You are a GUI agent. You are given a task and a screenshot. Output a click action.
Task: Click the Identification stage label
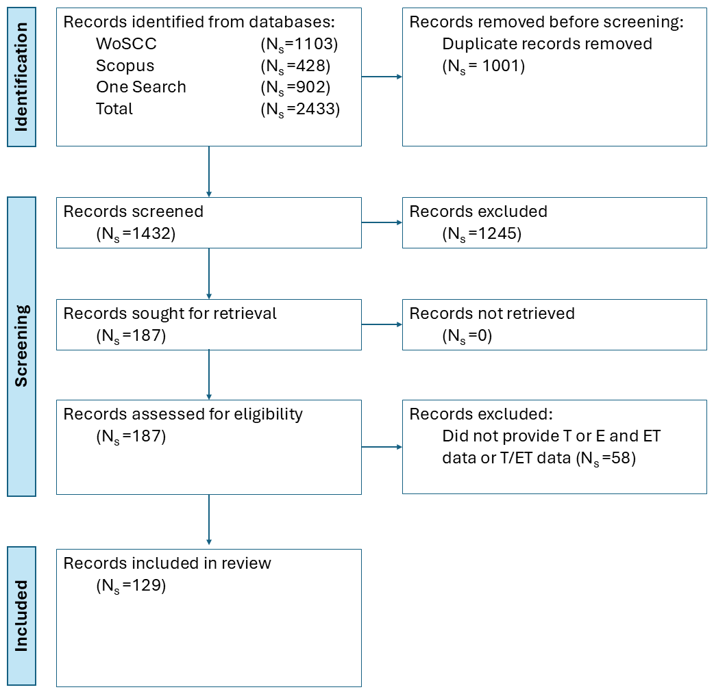pyautogui.click(x=21, y=77)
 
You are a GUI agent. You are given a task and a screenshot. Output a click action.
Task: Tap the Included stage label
pyautogui.click(x=21, y=616)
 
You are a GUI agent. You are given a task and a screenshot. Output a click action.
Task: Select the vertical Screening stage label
pyautogui.click(x=21, y=346)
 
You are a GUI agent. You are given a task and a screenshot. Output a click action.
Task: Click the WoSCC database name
pyautogui.click(x=126, y=44)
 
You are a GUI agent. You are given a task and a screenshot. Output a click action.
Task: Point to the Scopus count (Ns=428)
pyautogui.click(x=295, y=66)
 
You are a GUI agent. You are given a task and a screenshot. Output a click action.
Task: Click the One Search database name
pyautogui.click(x=141, y=87)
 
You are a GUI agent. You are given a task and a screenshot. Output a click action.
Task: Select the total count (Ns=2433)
pyautogui.click(x=300, y=110)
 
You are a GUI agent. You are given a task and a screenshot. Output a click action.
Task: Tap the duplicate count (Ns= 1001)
pyautogui.click(x=484, y=66)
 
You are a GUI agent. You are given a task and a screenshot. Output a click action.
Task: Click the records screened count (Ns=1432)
pyautogui.click(x=136, y=234)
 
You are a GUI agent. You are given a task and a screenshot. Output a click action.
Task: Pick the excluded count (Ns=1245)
pyautogui.click(x=482, y=234)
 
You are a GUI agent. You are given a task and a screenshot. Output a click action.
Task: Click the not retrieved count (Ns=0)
pyautogui.click(x=467, y=336)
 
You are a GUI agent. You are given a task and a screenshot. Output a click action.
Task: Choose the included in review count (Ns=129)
pyautogui.click(x=131, y=586)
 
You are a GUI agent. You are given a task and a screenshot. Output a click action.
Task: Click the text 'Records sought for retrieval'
pyautogui.click(x=170, y=313)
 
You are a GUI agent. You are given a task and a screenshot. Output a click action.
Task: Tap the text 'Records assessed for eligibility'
pyautogui.click(x=183, y=414)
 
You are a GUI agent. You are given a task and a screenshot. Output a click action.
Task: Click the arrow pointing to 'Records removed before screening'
pyautogui.click(x=382, y=77)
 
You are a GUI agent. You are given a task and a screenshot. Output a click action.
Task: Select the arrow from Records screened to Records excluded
pyautogui.click(x=382, y=223)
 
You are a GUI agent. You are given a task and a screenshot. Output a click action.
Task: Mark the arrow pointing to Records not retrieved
pyautogui.click(x=382, y=324)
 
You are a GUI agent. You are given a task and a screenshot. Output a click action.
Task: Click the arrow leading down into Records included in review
pyautogui.click(x=209, y=520)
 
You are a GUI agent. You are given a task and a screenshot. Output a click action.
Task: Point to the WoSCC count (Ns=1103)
pyautogui.click(x=299, y=44)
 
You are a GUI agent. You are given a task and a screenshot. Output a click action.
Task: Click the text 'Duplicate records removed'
pyautogui.click(x=547, y=44)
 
